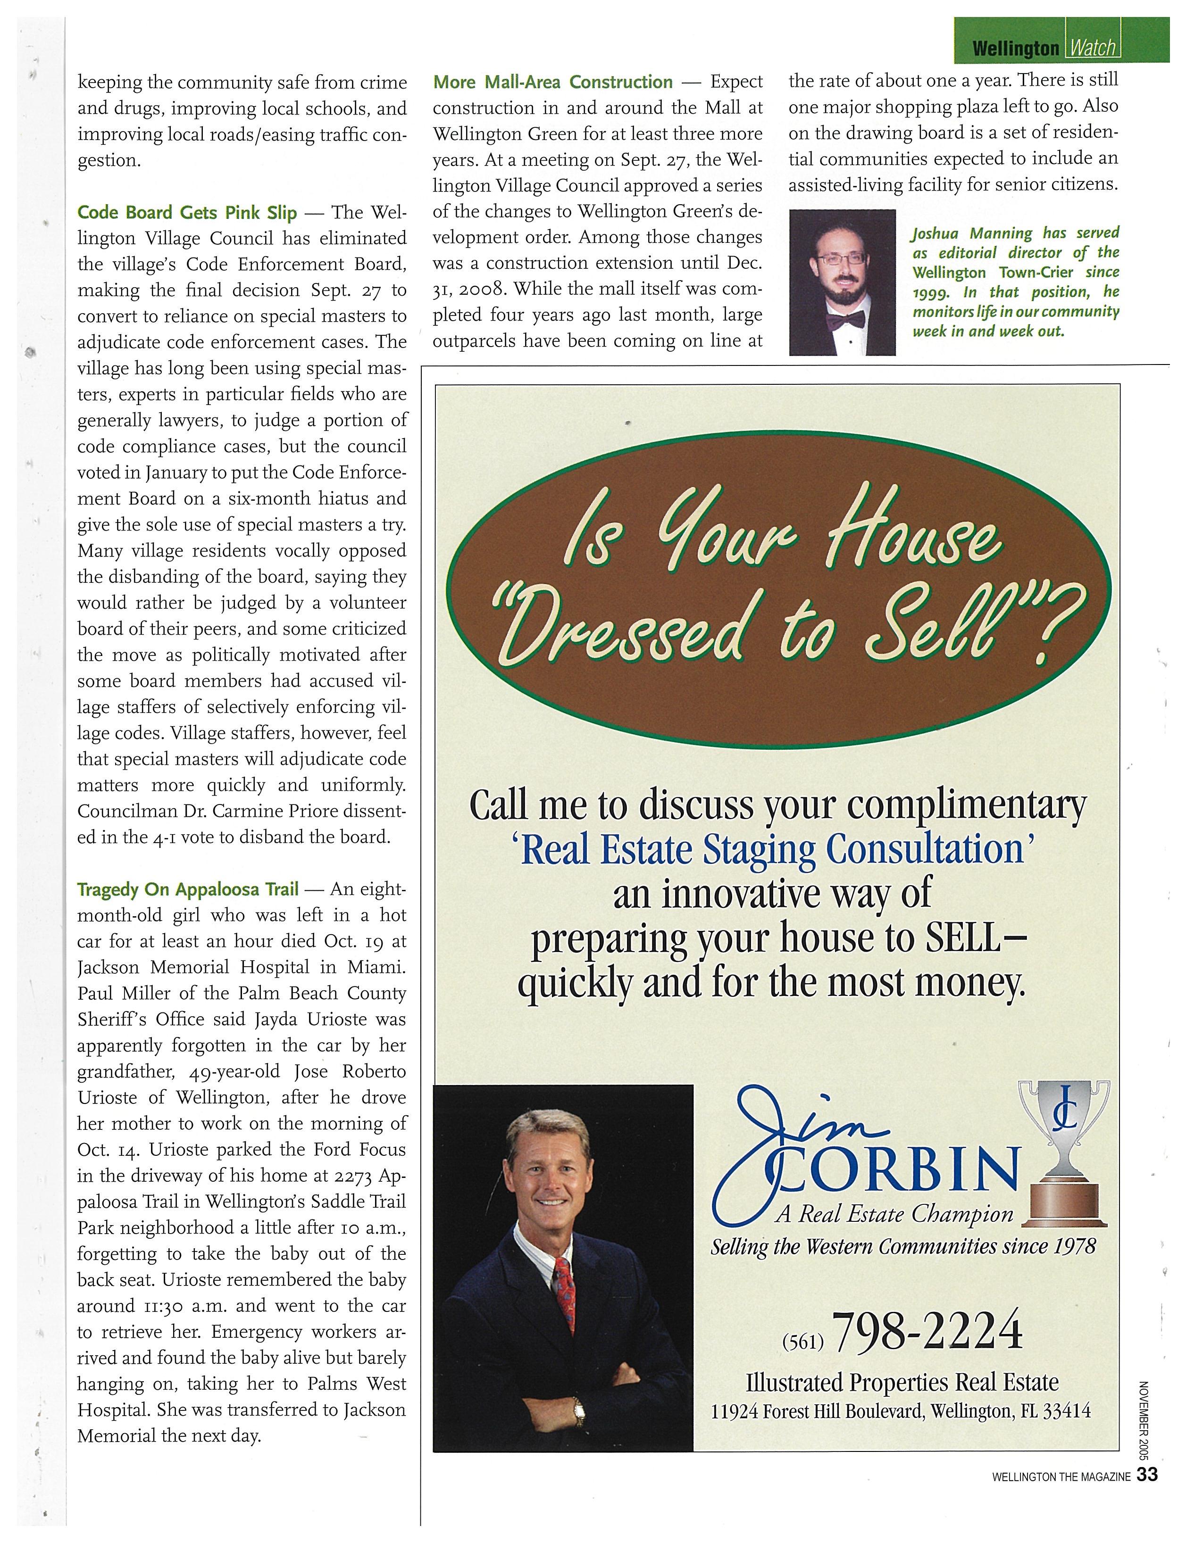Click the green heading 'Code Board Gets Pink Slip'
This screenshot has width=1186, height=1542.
pyautogui.click(x=187, y=212)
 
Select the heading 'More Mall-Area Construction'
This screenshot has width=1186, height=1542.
pyautogui.click(x=553, y=83)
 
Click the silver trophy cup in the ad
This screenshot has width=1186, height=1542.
pyautogui.click(x=1063, y=1124)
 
